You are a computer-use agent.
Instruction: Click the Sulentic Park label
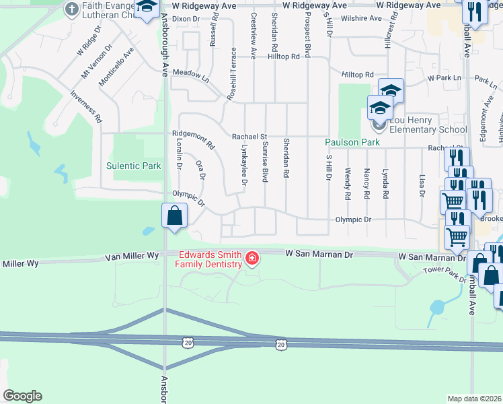pyautogui.click(x=134, y=166)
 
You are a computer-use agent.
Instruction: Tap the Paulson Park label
pyautogui.click(x=352, y=143)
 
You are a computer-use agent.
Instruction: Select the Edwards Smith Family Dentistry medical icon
pyautogui.click(x=252, y=258)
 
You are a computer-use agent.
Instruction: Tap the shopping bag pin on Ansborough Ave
pyautogui.click(x=174, y=216)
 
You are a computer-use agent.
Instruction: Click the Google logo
pyautogui.click(x=22, y=396)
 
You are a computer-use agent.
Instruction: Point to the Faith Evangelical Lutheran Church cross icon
pyautogui.click(x=71, y=9)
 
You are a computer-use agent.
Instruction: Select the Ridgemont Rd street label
pyautogui.click(x=193, y=139)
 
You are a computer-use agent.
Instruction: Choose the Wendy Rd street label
pyautogui.click(x=348, y=184)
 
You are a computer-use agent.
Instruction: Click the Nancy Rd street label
pyautogui.click(x=366, y=184)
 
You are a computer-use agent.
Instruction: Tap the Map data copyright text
pyautogui.click(x=474, y=399)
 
